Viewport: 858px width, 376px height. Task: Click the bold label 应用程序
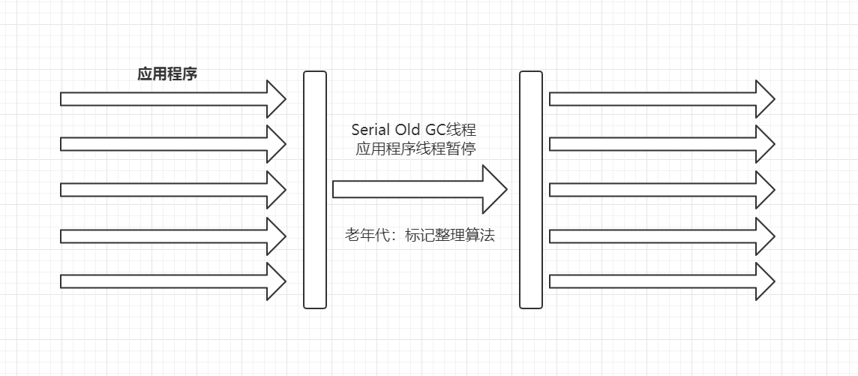pos(167,74)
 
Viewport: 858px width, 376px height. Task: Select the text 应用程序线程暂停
pos(416,149)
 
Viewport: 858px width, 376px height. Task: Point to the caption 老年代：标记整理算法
pos(420,236)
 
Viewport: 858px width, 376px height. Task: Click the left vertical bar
pos(315,189)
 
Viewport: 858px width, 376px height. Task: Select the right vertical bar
pos(531,189)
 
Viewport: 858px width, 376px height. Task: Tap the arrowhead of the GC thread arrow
pos(493,189)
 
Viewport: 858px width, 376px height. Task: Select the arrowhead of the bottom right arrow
pos(763,281)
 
